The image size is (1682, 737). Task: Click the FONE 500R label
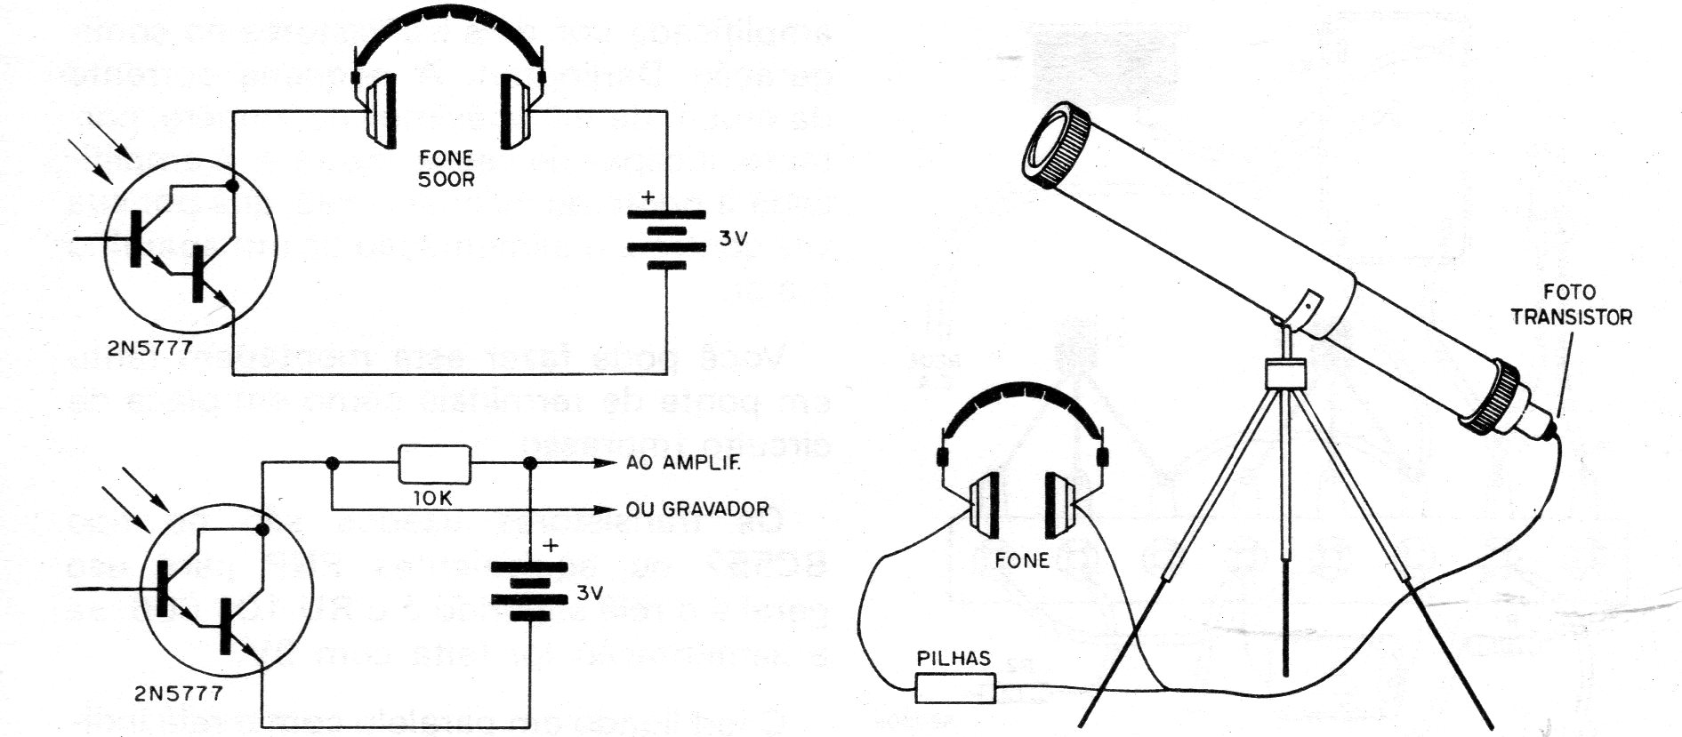[x=447, y=168]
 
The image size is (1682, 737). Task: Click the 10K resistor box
[x=435, y=464]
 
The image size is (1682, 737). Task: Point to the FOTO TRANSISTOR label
[x=1571, y=304]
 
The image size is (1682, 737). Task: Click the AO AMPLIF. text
[x=683, y=463]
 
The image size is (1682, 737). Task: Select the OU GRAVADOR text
[x=696, y=509]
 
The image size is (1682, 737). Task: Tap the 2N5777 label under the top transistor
[x=149, y=348]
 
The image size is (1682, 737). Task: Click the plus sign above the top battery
[x=648, y=197]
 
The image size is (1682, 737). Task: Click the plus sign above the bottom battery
[x=551, y=545]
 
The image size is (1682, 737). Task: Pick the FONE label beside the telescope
[x=1023, y=560]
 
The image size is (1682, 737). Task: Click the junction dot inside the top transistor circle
[x=233, y=187]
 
